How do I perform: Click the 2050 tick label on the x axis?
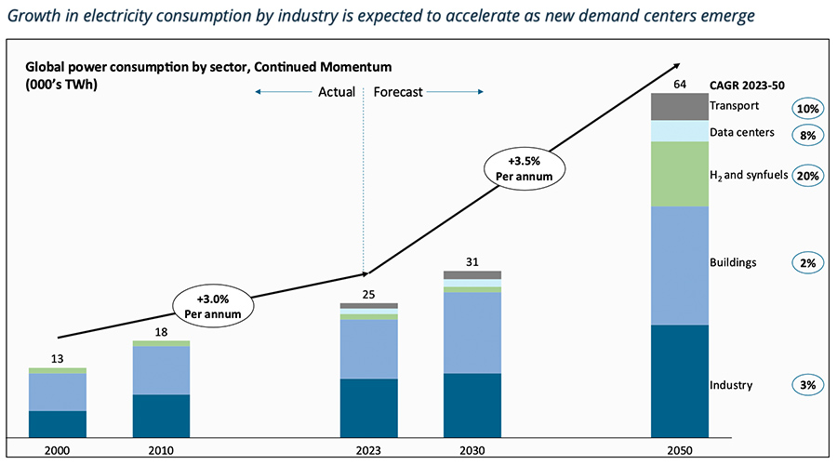(679, 450)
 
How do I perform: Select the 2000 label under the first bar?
(58, 450)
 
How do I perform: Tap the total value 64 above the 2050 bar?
(679, 85)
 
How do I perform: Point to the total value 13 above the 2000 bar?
(58, 359)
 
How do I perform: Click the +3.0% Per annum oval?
(212, 306)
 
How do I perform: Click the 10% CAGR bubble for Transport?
(806, 109)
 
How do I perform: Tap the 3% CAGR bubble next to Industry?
(806, 385)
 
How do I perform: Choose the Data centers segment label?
(742, 133)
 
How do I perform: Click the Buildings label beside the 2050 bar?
(733, 263)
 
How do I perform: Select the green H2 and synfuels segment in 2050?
(679, 174)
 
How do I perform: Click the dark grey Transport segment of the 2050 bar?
(679, 107)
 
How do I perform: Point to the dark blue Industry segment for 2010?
(161, 416)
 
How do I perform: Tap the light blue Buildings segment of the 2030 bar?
(472, 333)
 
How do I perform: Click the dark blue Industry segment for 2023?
(369, 407)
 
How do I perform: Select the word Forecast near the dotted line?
(398, 92)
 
